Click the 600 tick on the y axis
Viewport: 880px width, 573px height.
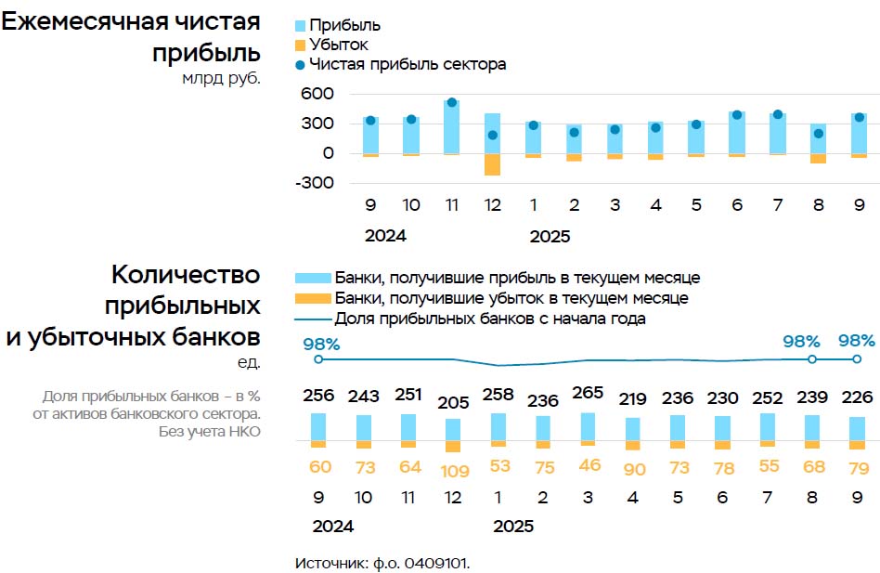(x=317, y=94)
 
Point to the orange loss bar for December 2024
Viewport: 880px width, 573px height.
(x=492, y=164)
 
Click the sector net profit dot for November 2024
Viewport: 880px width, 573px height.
(x=451, y=103)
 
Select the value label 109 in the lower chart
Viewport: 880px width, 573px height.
(x=453, y=470)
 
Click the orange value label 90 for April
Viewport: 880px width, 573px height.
(x=633, y=470)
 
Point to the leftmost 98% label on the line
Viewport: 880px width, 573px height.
(x=321, y=344)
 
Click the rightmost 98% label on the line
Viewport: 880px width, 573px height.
(x=856, y=341)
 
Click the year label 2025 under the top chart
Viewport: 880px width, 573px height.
(x=550, y=236)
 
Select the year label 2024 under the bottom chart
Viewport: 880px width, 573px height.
(x=333, y=526)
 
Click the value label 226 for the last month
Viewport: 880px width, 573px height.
(x=856, y=397)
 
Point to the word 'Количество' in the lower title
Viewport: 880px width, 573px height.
(x=186, y=275)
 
